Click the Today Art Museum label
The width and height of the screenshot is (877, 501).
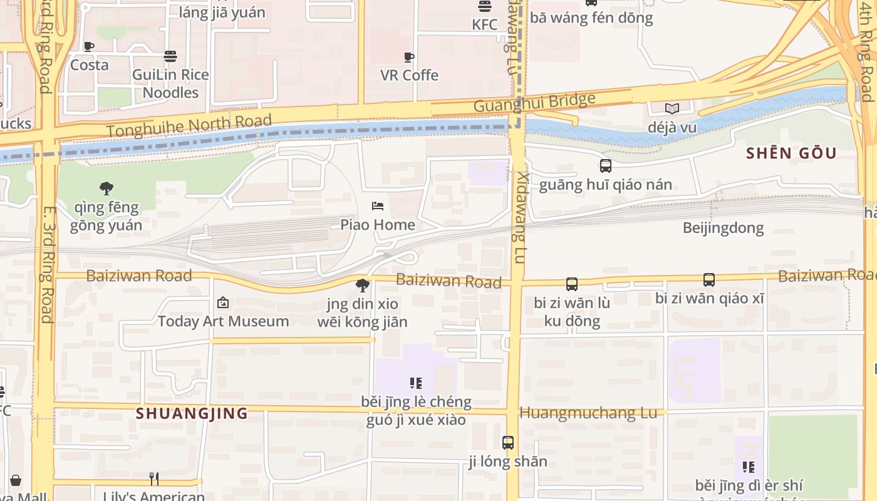[223, 321]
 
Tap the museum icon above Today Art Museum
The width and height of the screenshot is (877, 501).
[222, 303]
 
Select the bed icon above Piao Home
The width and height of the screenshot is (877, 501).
[378, 206]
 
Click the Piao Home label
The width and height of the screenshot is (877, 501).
[378, 224]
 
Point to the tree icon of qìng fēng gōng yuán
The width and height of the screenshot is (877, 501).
[106, 187]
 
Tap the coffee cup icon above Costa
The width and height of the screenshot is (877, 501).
[89, 46]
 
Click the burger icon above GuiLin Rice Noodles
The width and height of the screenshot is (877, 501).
[170, 56]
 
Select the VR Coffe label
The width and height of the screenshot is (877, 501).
[410, 75]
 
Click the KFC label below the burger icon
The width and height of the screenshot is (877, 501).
[485, 24]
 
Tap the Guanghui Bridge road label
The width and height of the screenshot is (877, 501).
[534, 102]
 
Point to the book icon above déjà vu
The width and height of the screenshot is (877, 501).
[672, 109]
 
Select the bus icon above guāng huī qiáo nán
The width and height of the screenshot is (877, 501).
[605, 166]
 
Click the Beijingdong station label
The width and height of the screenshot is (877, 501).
[724, 228]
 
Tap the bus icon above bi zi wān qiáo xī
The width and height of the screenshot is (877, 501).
[709, 280]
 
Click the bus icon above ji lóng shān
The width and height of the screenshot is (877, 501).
[508, 443]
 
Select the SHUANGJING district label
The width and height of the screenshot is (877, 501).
[192, 413]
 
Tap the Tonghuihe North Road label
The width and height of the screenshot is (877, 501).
[189, 125]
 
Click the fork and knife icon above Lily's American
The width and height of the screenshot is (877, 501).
[154, 479]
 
